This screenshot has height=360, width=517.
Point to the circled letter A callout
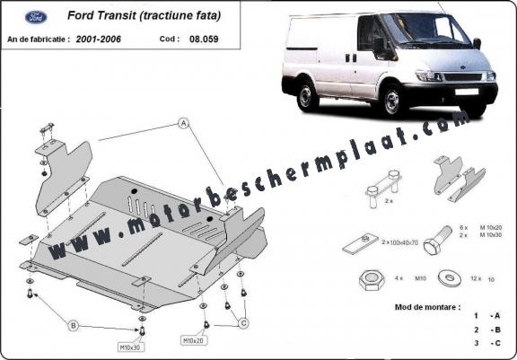[182, 122]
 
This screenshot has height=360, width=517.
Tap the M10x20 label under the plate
[195, 341]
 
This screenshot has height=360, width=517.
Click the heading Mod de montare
[428, 306]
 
